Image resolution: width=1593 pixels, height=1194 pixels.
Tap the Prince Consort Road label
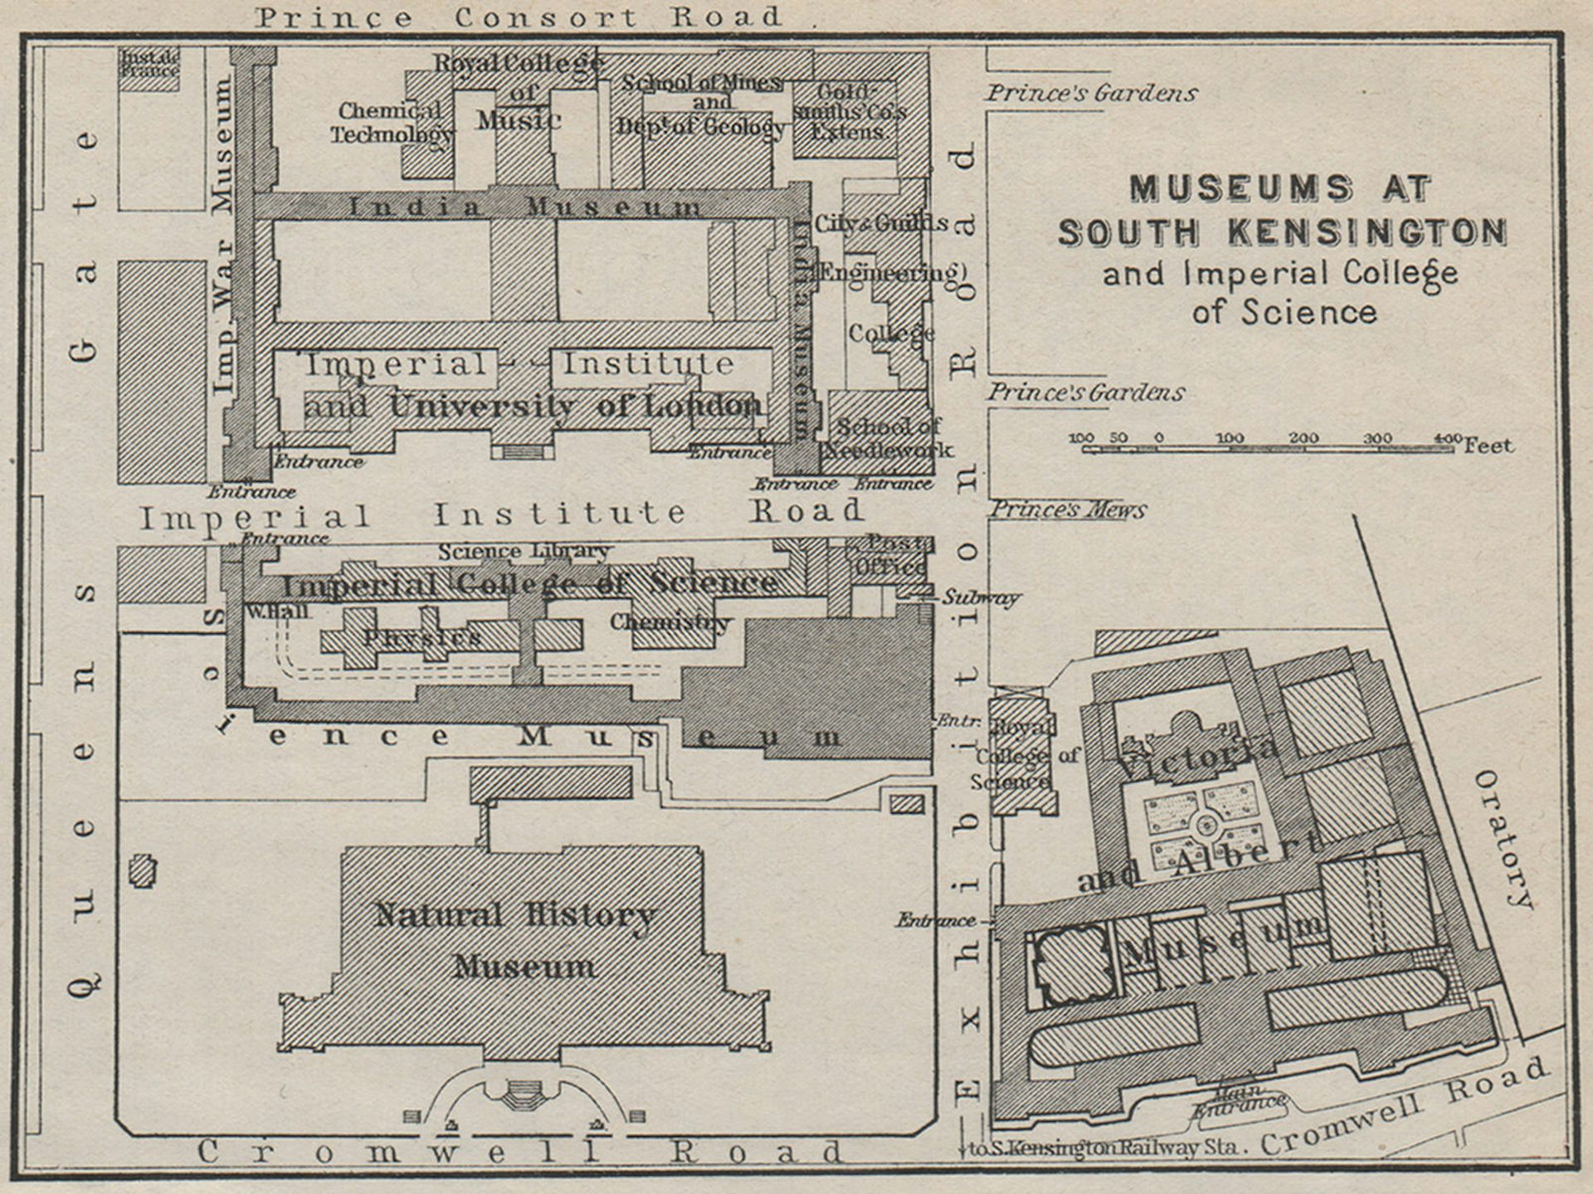(519, 17)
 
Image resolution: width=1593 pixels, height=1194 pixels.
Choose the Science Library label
(524, 551)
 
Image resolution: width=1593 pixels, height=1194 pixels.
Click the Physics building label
(421, 637)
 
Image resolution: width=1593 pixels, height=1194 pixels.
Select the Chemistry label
(670, 621)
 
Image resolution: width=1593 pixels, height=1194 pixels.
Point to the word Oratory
(1503, 839)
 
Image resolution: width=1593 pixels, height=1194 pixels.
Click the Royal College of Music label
(519, 90)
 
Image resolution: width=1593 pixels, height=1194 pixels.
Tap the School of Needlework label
(888, 438)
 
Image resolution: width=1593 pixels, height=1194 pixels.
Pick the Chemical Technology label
(392, 122)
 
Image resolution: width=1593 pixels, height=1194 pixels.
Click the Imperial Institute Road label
(501, 514)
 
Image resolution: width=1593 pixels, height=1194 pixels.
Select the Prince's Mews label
(1069, 509)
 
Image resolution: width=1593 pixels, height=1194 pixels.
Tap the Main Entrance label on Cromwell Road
(1240, 1099)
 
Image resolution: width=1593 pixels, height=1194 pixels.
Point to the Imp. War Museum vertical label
(223, 236)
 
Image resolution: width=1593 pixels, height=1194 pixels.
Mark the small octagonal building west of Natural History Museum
(143, 871)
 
